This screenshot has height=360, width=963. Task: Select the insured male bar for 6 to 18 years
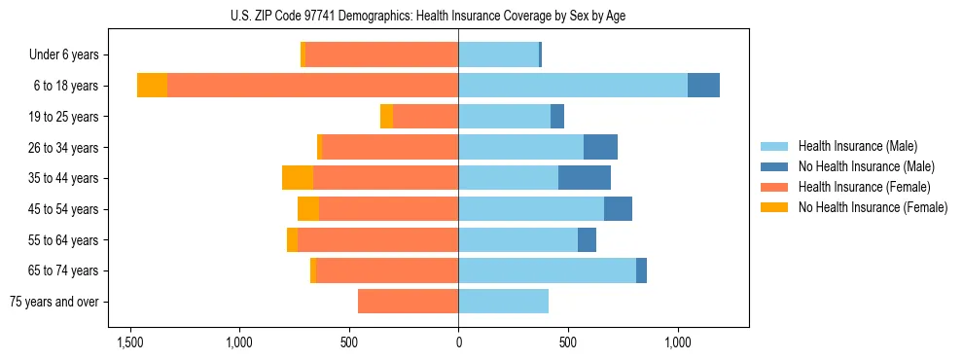573,86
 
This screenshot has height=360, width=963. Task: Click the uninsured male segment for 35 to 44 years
585,178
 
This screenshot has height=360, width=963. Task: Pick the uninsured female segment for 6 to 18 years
152,86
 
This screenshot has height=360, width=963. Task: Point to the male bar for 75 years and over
503,302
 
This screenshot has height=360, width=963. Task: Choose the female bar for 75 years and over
408,302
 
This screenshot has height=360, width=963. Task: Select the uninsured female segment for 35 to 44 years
298,178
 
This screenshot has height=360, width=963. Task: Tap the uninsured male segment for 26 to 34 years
600,147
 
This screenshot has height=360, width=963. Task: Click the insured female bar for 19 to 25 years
425,117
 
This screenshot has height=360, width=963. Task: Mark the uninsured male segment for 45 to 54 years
618,209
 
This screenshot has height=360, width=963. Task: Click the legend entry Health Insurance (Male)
857,146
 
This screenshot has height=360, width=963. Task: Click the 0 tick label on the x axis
458,342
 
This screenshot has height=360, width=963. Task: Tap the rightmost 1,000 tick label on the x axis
677,342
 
